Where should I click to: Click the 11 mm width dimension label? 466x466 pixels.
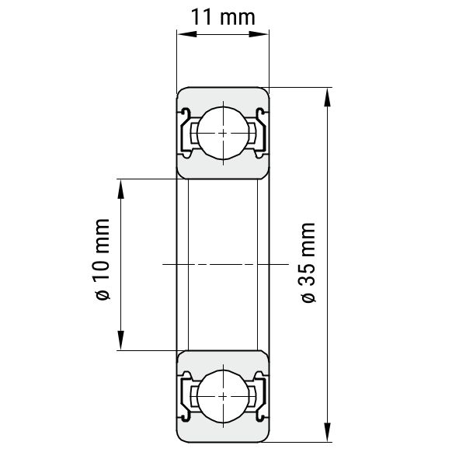tap(223, 17)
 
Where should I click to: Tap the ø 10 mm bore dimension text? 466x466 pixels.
tap(103, 259)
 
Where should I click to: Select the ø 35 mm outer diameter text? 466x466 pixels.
tap(308, 263)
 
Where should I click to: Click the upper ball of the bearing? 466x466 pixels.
tap(223, 133)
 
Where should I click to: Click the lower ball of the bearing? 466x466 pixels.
tap(223, 396)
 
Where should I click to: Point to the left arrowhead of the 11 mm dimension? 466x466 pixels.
tap(187, 34)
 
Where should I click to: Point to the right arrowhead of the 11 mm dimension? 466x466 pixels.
tap(259, 34)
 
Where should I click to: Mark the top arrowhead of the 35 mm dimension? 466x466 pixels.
tap(327, 97)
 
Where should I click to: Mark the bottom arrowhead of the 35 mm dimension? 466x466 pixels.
tap(327, 433)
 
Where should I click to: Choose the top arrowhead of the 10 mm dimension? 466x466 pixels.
tap(120, 189)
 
